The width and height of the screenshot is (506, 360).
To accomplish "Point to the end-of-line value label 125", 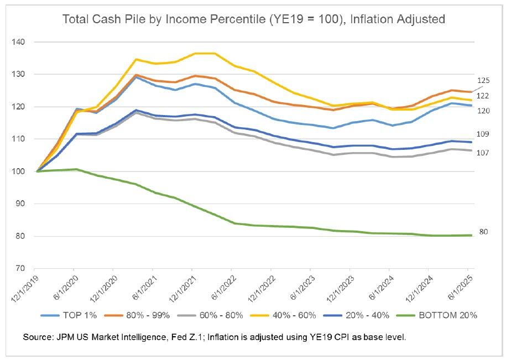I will (x=483, y=81).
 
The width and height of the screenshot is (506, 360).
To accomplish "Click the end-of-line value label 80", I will (x=482, y=232).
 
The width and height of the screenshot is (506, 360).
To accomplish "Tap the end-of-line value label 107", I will (x=483, y=153).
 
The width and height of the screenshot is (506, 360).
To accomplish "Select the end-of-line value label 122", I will (x=483, y=96).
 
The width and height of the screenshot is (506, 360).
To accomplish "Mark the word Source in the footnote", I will (x=38, y=336).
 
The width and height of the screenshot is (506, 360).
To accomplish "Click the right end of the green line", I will (x=472, y=236).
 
